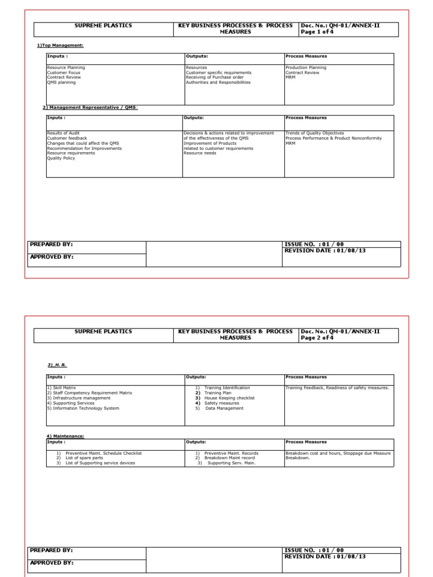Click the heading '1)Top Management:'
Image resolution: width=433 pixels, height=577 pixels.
[60, 46]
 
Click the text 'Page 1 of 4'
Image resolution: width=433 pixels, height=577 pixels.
[319, 32]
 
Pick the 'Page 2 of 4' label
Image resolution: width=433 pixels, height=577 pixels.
[319, 338]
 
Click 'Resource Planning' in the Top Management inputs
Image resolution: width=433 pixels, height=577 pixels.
[66, 68]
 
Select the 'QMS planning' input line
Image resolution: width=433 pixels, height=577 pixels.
[61, 83]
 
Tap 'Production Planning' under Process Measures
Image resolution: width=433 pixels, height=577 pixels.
[306, 68]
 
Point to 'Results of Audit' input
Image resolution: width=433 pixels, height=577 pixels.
[63, 133]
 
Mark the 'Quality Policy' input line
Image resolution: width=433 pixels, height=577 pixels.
[61, 158]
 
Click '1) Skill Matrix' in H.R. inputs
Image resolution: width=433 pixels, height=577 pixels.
[61, 388]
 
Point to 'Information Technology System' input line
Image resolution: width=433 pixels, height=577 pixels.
[83, 408]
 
